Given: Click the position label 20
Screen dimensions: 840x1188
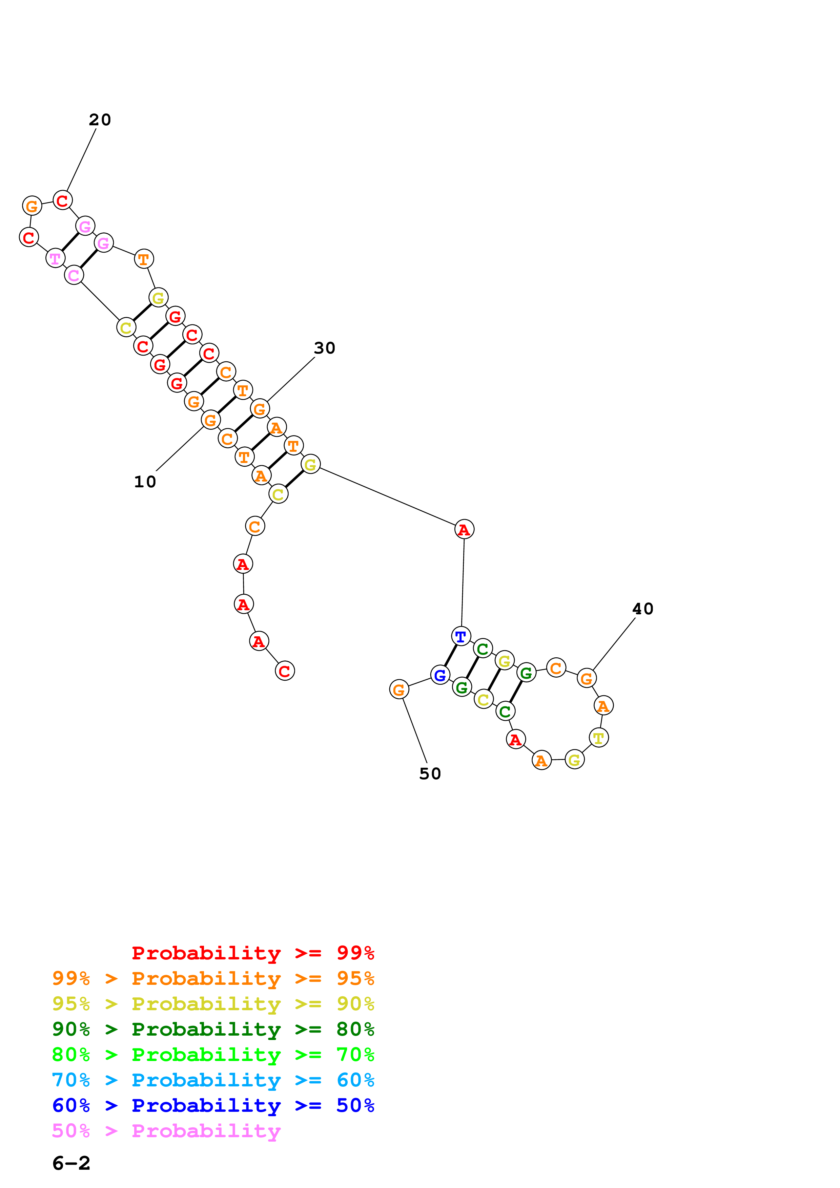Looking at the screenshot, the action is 100,120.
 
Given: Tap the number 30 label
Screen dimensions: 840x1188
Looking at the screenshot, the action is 325,348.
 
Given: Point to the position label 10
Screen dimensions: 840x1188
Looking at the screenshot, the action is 145,482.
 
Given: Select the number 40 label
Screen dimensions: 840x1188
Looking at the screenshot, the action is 643,609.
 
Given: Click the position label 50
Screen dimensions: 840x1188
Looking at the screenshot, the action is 430,773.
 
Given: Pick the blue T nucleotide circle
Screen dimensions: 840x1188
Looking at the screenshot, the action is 460,636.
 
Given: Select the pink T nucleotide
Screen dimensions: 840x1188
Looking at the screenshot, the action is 55,258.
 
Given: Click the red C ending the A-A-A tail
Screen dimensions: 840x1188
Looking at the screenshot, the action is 285,671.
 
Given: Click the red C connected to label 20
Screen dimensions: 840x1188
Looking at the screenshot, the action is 63,200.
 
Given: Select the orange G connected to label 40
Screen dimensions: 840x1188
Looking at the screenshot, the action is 587,678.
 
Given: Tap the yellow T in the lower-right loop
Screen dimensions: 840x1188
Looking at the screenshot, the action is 599,738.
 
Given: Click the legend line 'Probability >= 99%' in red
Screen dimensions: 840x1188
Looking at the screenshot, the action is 252,953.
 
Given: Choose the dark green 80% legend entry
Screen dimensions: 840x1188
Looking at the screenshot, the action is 213,1029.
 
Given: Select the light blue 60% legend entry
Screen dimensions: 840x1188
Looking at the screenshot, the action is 213,1080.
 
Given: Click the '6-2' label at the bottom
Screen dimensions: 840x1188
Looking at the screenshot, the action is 71,1163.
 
